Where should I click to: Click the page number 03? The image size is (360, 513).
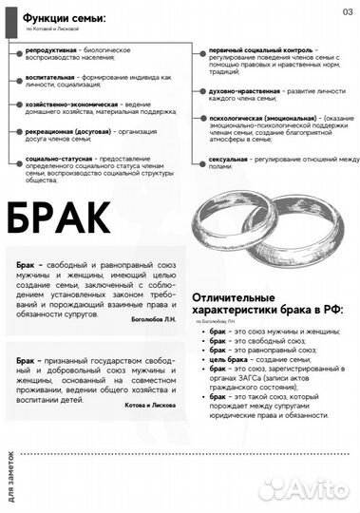(x=348, y=11)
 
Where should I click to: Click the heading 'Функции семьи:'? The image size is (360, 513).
(x=65, y=18)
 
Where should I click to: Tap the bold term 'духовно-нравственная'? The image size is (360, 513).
(x=237, y=89)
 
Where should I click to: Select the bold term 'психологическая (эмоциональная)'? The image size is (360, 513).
(x=253, y=117)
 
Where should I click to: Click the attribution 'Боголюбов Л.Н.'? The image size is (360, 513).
(x=155, y=323)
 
